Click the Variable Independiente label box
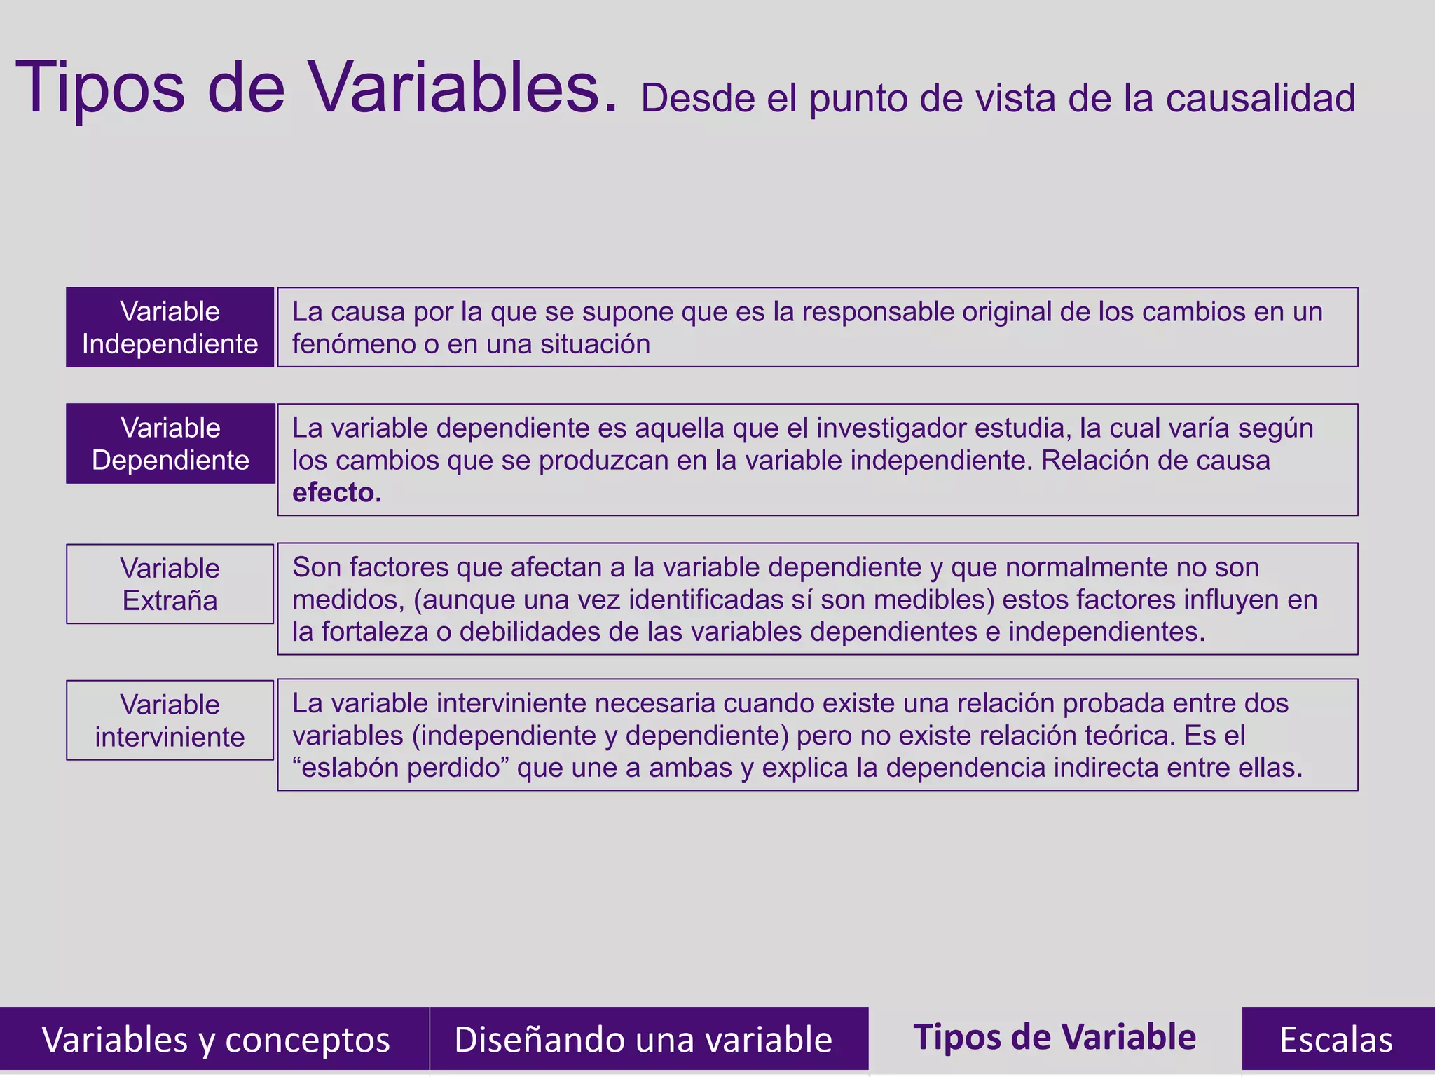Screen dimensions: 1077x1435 pos(170,327)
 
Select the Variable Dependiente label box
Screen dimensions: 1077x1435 pos(170,444)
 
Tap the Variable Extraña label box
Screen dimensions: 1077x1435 pos(170,584)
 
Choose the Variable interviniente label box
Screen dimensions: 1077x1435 pos(170,720)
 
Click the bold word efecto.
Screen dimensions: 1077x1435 pos(336,493)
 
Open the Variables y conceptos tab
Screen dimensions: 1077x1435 pos(215,1039)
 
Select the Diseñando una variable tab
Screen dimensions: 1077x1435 pos(643,1039)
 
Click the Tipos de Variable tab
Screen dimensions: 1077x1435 pos(1055,1037)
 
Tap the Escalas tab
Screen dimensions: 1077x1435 pos(1336,1039)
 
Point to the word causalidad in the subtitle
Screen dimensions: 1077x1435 pos(1261,98)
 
